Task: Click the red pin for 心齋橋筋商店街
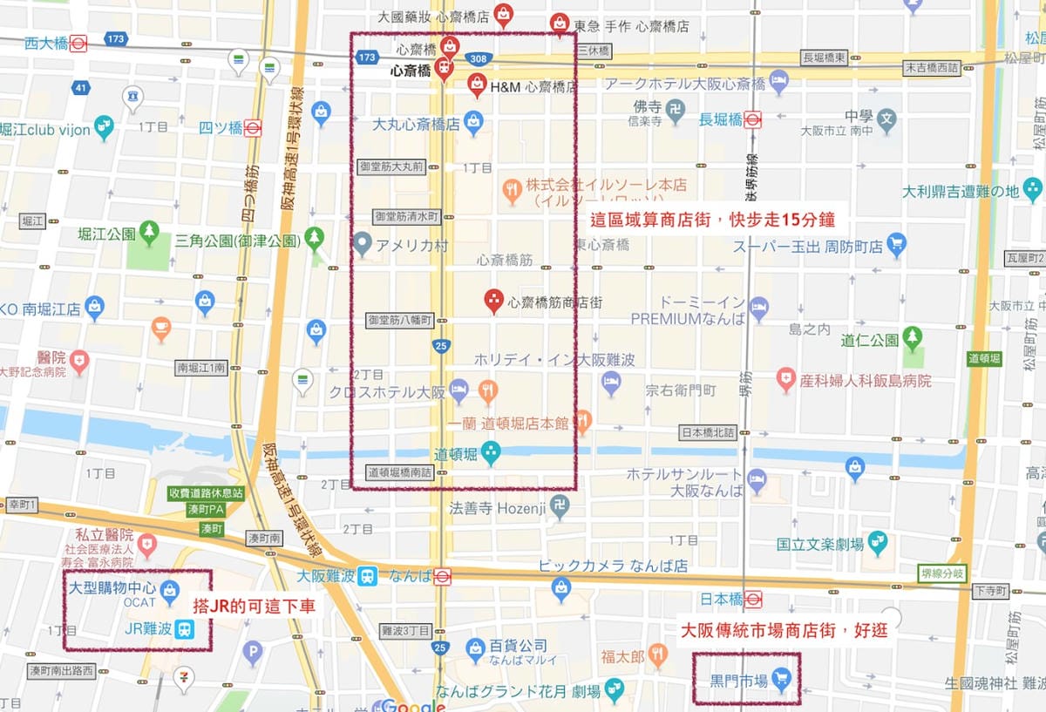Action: (x=493, y=301)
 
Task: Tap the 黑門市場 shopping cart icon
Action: (x=781, y=680)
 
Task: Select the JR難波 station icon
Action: (x=184, y=629)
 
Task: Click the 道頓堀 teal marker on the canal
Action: (x=491, y=452)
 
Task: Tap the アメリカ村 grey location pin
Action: (x=363, y=245)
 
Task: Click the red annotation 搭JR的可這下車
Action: (x=254, y=605)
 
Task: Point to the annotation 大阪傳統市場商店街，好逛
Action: (x=784, y=630)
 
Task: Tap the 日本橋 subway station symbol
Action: (x=754, y=599)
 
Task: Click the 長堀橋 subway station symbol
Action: (x=753, y=119)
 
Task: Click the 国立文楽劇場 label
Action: (x=820, y=545)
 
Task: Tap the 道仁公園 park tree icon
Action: (x=912, y=338)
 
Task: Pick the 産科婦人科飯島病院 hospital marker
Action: (x=786, y=379)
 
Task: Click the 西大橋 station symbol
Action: (x=78, y=42)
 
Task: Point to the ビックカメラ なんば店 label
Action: (x=613, y=566)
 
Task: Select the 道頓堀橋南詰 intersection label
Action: (x=400, y=471)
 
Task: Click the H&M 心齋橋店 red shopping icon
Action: (x=477, y=85)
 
